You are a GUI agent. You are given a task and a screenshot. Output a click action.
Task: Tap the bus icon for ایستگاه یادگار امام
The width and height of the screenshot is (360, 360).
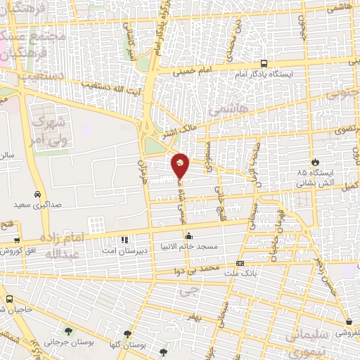tap(263, 62)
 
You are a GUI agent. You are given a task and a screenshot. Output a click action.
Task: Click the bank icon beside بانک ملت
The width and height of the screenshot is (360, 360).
tap(240, 264)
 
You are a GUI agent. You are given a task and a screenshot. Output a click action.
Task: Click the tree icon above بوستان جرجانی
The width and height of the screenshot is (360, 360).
tap(68, 330)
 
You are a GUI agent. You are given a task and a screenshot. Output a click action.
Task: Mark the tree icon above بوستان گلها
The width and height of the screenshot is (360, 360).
tap(127, 335)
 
